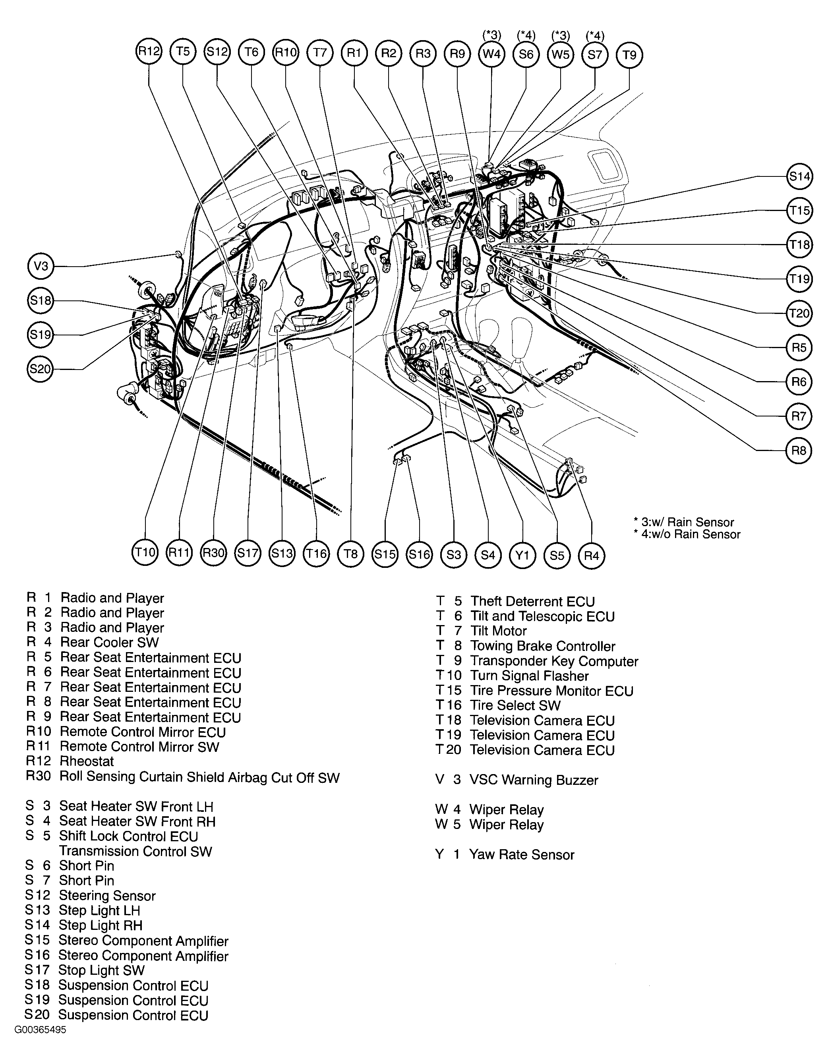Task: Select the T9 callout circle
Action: tap(629, 54)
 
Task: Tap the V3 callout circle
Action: tap(41, 266)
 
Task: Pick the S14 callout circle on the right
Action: tap(799, 176)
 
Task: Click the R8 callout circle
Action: tap(799, 450)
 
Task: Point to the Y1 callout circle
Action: tap(522, 554)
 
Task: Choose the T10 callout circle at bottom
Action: tap(145, 552)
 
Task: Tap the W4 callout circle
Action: tap(491, 54)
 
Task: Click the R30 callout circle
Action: tap(214, 553)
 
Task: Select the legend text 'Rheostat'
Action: tap(87, 761)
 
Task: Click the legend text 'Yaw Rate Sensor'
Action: tap(521, 855)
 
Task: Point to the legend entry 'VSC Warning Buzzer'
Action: tap(534, 780)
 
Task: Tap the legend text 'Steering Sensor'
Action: tap(107, 896)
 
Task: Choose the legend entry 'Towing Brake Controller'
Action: tap(543, 647)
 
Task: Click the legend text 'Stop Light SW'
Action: tap(101, 970)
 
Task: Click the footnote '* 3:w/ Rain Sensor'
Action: tap(684, 522)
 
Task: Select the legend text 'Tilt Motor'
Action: tap(499, 631)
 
